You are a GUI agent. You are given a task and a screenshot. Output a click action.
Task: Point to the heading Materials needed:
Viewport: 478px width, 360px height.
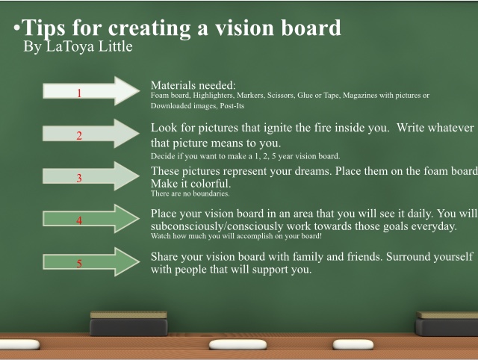point(193,85)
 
